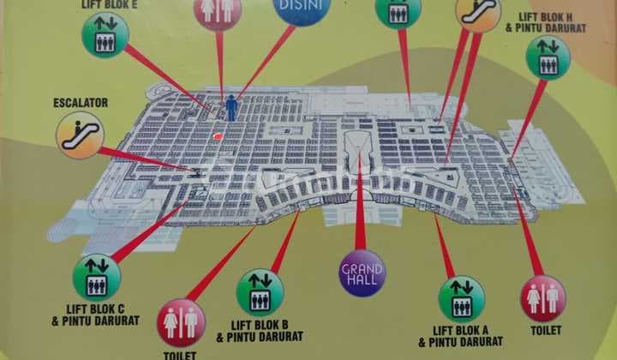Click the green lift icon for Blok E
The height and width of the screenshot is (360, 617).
[105, 35]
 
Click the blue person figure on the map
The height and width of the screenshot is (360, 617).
[231, 108]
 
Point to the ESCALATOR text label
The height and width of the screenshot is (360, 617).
[80, 103]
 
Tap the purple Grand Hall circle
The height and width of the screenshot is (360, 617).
[362, 273]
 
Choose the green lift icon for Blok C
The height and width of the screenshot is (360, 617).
[97, 277]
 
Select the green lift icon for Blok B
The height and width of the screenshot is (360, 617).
[260, 293]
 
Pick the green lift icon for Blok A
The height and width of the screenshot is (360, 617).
[461, 297]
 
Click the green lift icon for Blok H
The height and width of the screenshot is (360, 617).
[548, 58]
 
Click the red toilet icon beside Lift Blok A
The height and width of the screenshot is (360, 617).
[542, 297]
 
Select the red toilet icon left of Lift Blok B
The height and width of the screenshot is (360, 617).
[181, 321]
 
